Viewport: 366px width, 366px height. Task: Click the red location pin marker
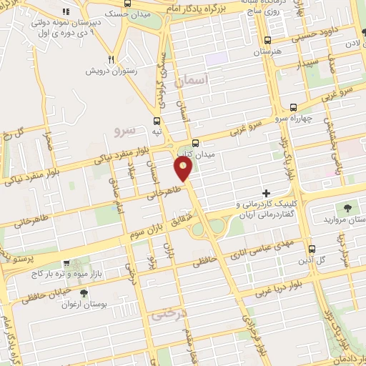click(184, 169)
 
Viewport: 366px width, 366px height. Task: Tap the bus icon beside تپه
click(157, 121)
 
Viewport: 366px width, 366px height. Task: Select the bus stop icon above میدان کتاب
click(195, 142)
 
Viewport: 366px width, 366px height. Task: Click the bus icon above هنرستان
click(268, 41)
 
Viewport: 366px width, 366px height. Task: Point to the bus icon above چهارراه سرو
click(293, 107)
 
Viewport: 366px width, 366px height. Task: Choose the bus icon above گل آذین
click(312, 249)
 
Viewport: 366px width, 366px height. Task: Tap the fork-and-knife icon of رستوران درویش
click(111, 59)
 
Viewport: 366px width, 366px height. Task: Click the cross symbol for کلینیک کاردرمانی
click(267, 193)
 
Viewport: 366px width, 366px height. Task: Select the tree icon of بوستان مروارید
click(347, 208)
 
